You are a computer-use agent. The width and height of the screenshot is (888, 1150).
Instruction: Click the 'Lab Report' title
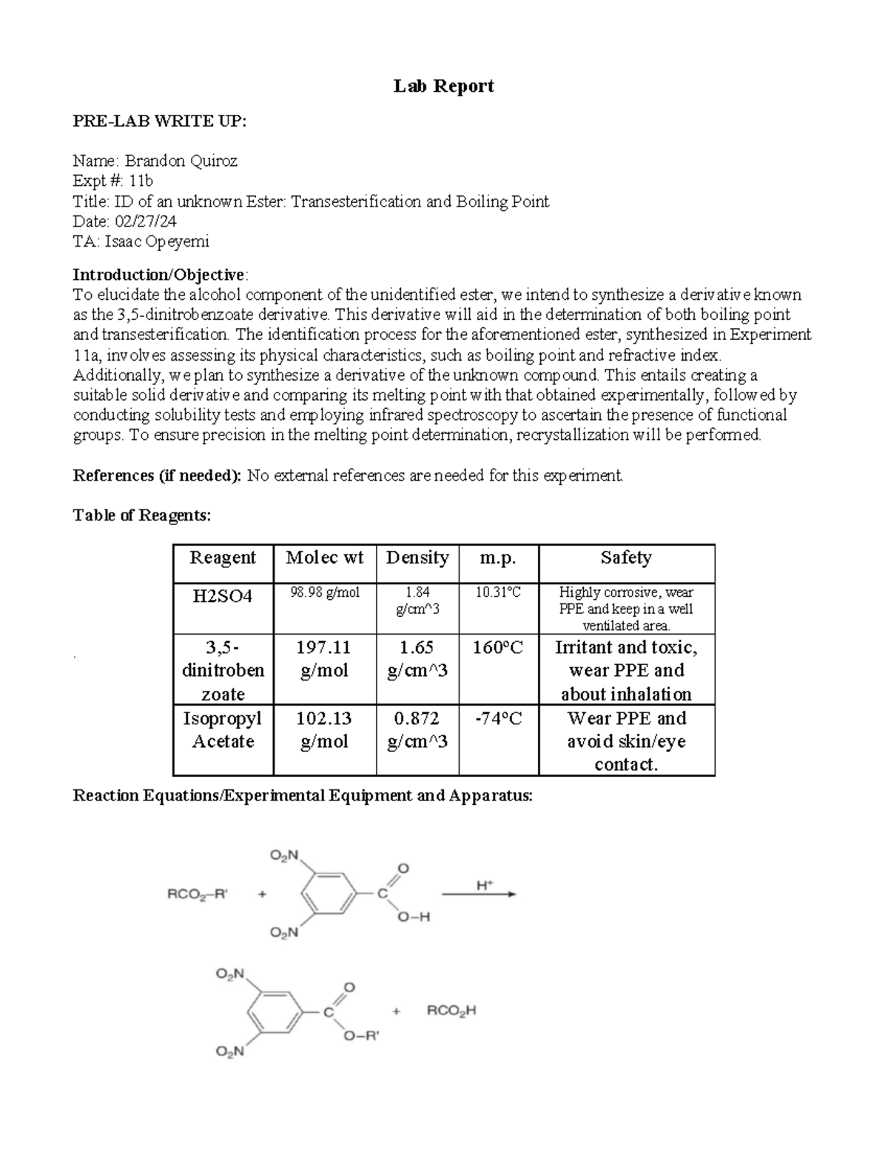(443, 87)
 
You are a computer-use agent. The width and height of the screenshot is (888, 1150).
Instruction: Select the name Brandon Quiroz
(181, 161)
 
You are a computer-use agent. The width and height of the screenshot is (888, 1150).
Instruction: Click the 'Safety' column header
(626, 558)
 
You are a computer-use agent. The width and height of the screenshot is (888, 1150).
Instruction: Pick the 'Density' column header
(417, 558)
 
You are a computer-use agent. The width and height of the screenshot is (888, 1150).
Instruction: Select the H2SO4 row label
(223, 596)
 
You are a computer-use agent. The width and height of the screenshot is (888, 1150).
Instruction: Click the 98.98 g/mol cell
(325, 592)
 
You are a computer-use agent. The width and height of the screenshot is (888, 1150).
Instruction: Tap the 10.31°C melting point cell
(498, 592)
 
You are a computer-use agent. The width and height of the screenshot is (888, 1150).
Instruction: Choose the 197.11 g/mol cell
(324, 659)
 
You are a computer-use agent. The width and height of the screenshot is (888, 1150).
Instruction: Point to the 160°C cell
(498, 648)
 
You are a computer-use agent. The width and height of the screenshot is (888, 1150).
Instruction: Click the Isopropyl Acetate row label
(223, 729)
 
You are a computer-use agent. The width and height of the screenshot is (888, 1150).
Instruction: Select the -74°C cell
(498, 718)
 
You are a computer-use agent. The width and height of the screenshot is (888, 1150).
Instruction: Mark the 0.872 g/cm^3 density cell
(417, 729)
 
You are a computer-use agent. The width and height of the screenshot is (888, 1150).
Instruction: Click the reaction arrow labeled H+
(485, 894)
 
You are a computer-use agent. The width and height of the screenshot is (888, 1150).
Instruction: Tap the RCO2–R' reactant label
(198, 894)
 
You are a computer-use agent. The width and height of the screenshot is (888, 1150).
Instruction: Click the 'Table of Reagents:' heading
(141, 515)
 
